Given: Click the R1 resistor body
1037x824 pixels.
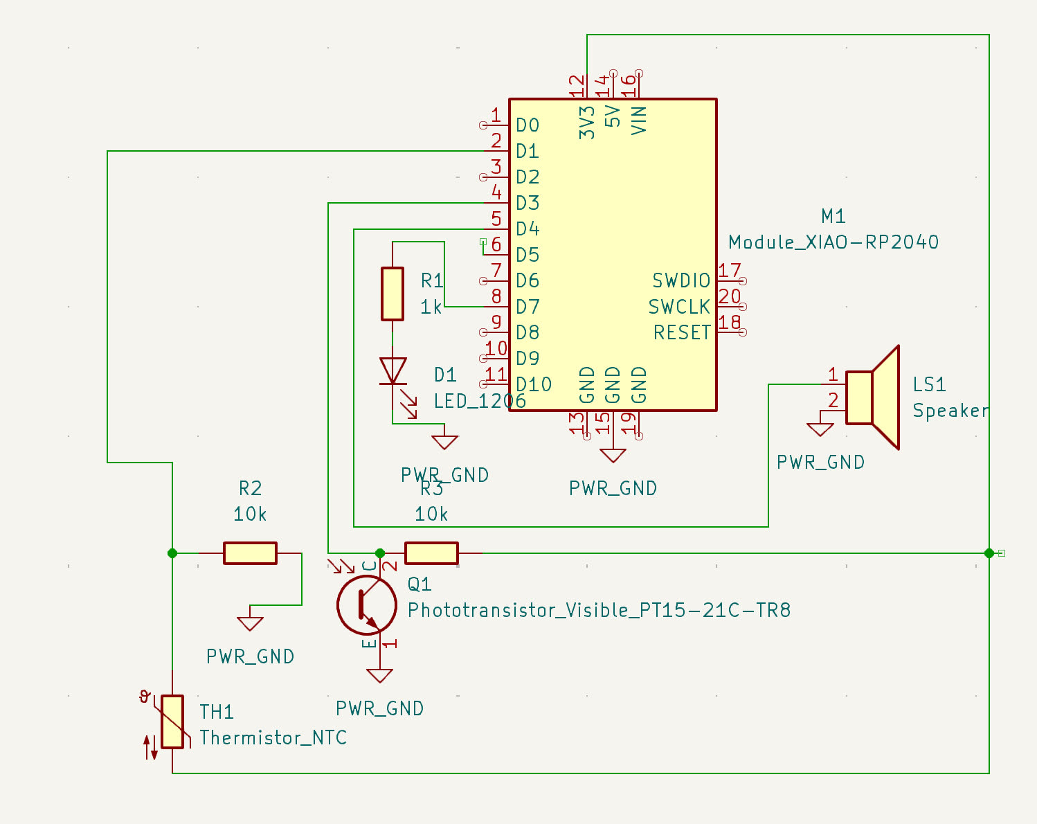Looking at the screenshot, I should click(393, 294).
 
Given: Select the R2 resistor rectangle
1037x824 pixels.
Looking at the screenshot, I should click(250, 553).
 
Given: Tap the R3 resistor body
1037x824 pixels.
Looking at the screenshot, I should click(431, 553).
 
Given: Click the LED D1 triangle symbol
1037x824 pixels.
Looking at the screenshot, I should click(393, 370).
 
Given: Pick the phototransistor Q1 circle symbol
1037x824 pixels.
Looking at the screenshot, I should click(366, 605).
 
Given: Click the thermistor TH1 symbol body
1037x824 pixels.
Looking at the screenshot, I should click(172, 722).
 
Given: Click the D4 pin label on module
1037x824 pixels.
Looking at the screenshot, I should click(527, 229).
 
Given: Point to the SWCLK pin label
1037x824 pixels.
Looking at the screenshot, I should click(679, 307).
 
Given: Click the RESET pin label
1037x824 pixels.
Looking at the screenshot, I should click(682, 333).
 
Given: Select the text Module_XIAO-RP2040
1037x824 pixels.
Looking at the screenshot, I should click(833, 242).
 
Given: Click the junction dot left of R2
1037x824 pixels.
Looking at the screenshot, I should click(172, 553).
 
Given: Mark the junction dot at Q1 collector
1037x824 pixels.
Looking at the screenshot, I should click(379, 553).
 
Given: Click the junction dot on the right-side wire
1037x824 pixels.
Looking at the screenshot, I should click(989, 553).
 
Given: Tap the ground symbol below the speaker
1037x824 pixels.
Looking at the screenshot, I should click(820, 429).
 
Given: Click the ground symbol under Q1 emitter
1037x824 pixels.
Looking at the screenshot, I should click(379, 675).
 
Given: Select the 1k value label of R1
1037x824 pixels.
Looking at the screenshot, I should click(431, 307).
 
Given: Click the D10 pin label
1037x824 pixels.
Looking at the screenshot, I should click(534, 385).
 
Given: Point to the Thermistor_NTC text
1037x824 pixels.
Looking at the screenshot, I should click(273, 738).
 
